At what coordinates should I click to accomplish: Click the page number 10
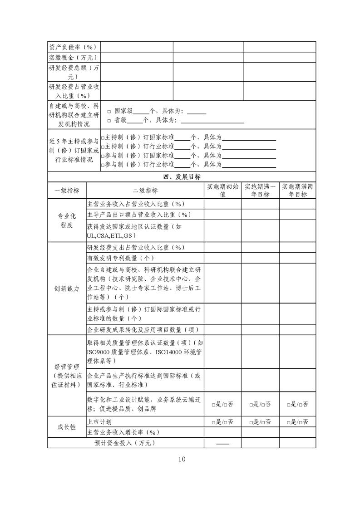(182, 459)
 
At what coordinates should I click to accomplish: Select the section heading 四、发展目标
(182, 177)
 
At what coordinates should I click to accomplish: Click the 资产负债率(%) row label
(73, 47)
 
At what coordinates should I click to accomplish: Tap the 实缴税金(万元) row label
(73, 58)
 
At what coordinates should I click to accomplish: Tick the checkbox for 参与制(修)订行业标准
(103, 165)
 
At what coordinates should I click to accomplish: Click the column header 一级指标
(67, 191)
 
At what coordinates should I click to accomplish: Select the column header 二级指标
(145, 191)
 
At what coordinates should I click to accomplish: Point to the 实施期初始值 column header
(222, 191)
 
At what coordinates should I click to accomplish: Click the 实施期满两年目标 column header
(297, 191)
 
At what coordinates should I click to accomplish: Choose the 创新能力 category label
(67, 289)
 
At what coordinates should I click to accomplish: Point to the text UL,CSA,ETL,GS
(111, 236)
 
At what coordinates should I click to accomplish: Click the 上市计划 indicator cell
(97, 422)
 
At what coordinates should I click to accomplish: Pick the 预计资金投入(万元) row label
(125, 443)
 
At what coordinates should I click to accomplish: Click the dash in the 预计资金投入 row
(222, 443)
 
